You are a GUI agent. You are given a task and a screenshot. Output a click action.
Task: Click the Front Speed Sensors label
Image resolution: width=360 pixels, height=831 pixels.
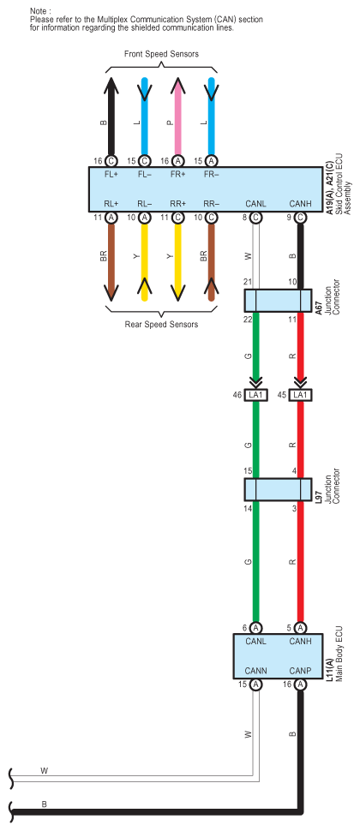[x=161, y=54]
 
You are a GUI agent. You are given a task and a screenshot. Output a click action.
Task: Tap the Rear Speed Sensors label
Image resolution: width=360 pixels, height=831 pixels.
[x=161, y=325]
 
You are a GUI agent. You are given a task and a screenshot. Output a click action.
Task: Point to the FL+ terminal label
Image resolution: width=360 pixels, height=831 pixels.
[x=111, y=175]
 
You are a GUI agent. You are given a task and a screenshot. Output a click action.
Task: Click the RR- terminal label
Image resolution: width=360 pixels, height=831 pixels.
[x=211, y=204]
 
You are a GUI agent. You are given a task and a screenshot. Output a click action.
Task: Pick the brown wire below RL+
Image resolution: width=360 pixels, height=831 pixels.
[x=111, y=262]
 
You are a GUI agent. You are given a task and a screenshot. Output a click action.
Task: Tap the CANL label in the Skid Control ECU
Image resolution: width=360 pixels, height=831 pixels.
[x=255, y=204]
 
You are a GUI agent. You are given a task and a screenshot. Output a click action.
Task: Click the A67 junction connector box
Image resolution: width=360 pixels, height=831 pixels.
[x=278, y=301]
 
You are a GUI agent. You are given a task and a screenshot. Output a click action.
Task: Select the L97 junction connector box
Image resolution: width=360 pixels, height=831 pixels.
[x=278, y=489]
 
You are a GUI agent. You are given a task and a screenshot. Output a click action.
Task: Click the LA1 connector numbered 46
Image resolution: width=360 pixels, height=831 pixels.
[x=255, y=395]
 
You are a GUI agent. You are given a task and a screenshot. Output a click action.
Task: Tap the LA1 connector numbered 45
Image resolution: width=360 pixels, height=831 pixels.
[x=300, y=395]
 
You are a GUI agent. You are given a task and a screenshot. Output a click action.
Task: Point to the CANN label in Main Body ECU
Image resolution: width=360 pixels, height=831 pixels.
[x=256, y=671]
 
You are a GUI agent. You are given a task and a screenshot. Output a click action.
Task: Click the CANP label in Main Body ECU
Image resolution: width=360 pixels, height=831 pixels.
[x=300, y=671]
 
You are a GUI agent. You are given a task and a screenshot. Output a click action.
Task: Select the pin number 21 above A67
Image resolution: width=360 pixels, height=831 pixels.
[x=248, y=283]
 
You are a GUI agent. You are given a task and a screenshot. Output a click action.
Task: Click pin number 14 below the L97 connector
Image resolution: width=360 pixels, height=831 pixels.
[x=248, y=508]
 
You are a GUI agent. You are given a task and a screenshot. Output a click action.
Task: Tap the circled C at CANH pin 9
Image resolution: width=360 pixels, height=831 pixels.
[x=300, y=218]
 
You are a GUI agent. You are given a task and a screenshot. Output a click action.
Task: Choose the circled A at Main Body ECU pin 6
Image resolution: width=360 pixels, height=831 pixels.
[x=255, y=628]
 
